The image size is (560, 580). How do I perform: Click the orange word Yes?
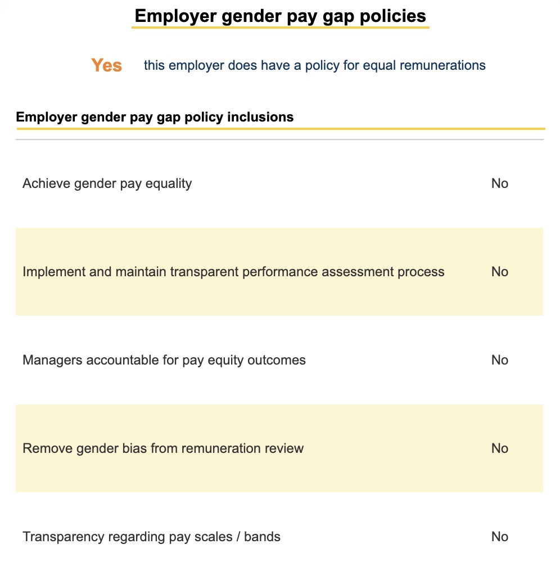tap(106, 65)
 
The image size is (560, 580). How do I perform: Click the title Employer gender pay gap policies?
tap(280, 16)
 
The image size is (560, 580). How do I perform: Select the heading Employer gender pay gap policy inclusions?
tap(155, 117)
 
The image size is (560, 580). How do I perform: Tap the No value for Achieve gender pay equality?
tap(499, 183)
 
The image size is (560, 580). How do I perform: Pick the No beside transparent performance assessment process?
tap(499, 272)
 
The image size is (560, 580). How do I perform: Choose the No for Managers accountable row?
tap(499, 360)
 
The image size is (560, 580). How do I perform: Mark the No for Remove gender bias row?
tap(499, 448)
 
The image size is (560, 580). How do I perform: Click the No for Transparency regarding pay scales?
tap(499, 537)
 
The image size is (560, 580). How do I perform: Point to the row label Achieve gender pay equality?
tap(107, 183)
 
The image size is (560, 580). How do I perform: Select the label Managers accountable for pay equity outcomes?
tap(164, 360)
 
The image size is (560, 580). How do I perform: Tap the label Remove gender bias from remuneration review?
tap(163, 448)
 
